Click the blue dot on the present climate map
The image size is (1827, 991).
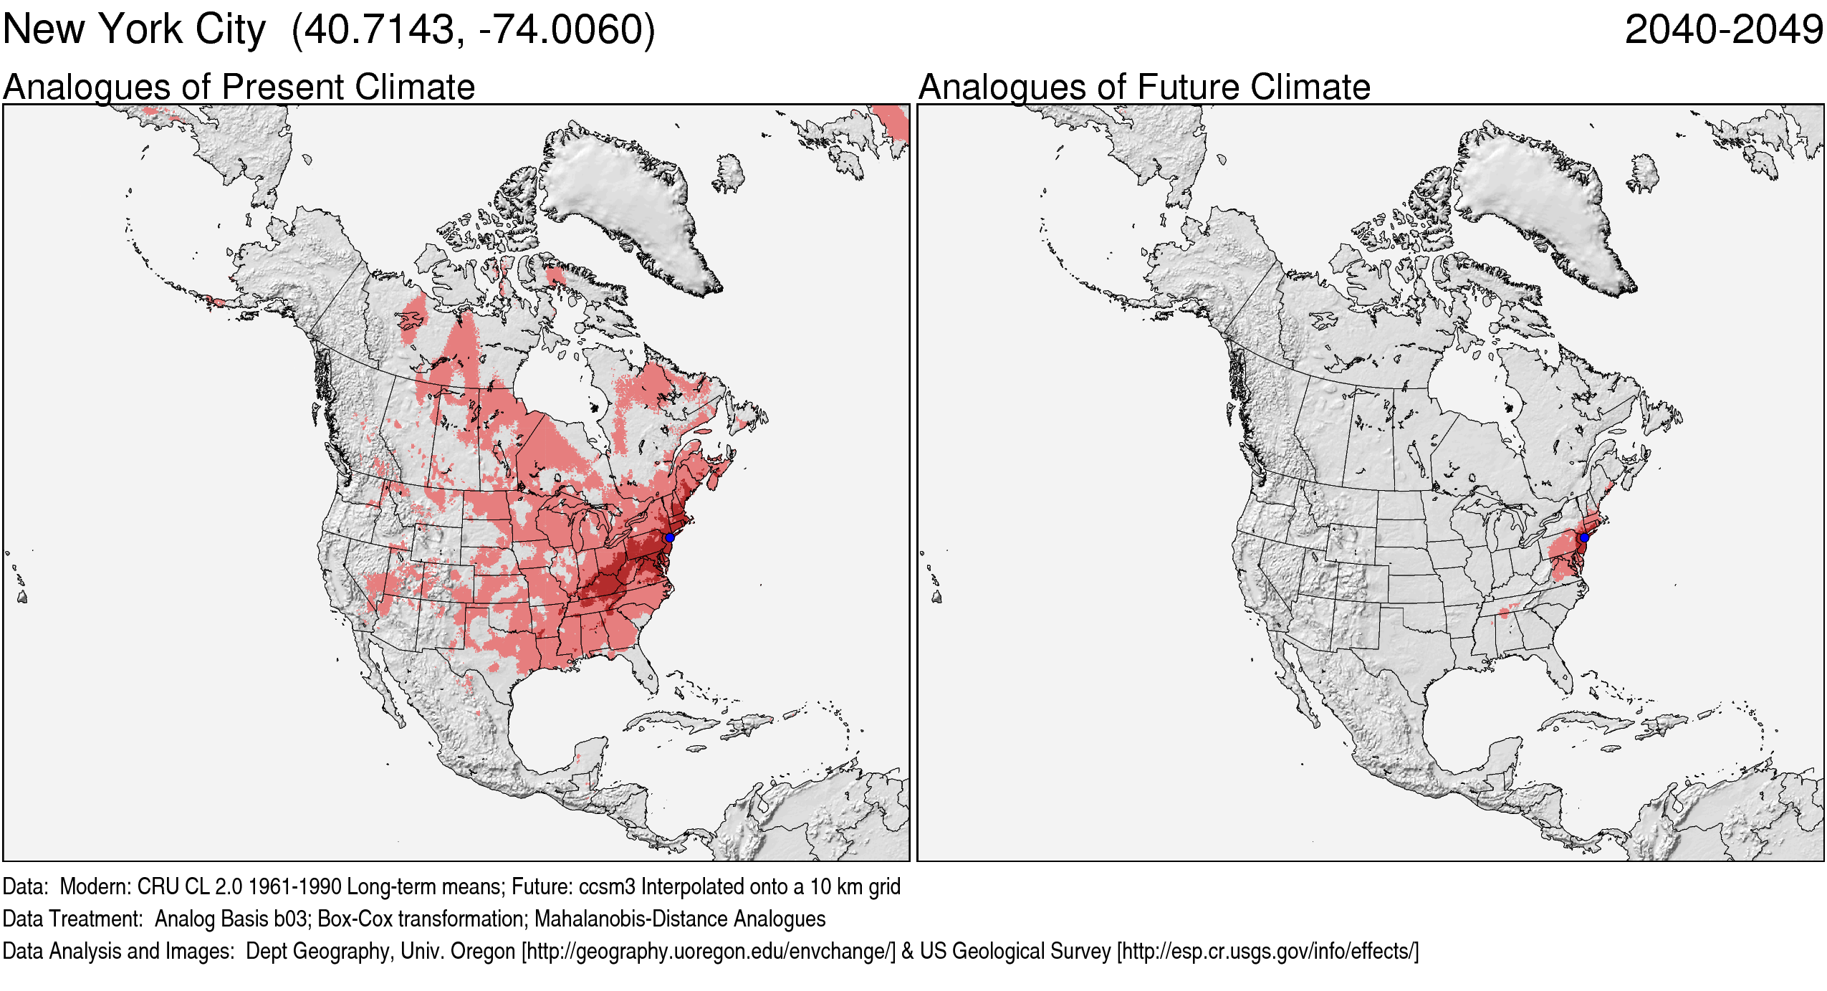pyautogui.click(x=669, y=537)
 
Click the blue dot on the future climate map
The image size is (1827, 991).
pyautogui.click(x=1584, y=537)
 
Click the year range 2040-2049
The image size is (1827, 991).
pyautogui.click(x=1723, y=30)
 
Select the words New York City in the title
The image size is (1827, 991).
pyautogui.click(x=134, y=30)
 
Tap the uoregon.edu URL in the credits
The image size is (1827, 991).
pyautogui.click(x=709, y=952)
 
